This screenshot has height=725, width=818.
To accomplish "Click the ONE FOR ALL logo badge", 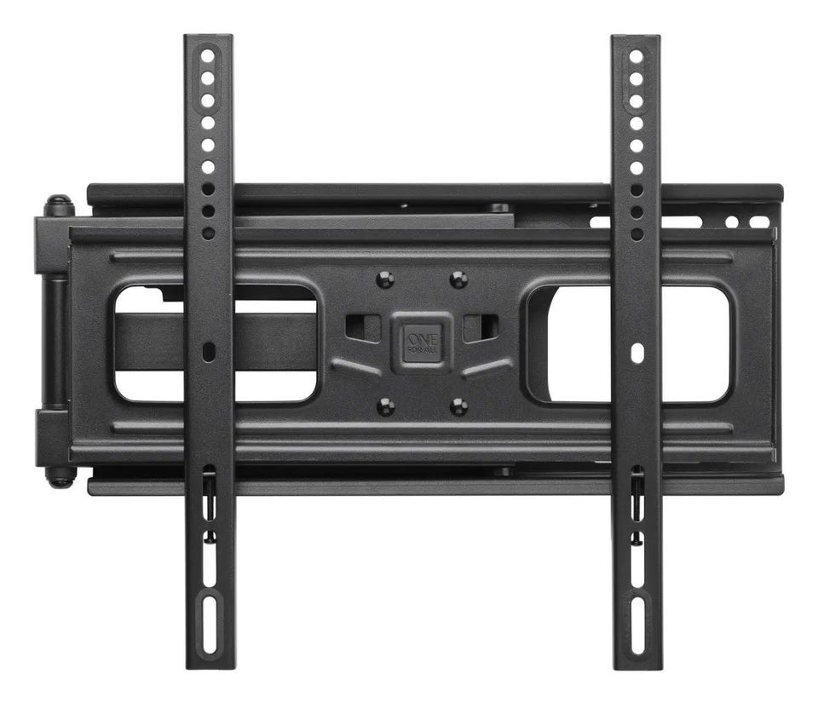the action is point(421,342).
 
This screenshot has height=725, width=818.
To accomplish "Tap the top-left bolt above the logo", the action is point(385,279).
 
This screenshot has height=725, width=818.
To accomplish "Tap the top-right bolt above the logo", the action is point(458,279).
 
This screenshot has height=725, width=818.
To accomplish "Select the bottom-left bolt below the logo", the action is point(385,406).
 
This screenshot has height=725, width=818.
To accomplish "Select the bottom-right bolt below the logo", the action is point(458,406).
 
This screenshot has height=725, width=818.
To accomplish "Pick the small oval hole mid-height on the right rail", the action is point(637,352).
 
